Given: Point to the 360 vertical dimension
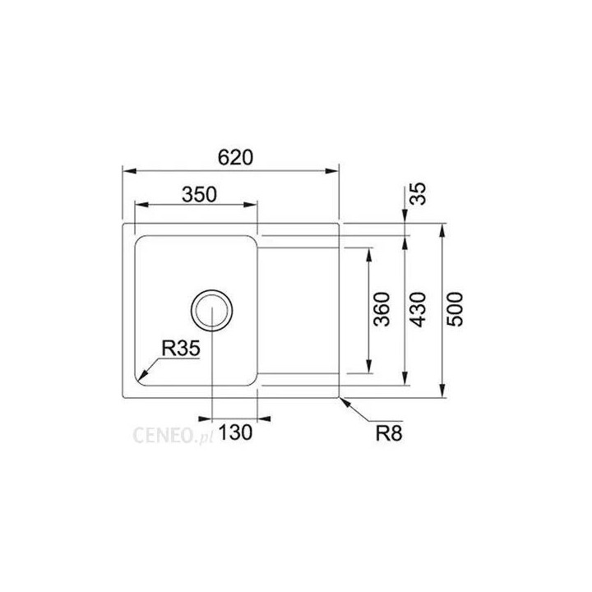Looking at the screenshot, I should coord(381,309).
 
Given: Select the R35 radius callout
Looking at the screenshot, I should coord(180,349).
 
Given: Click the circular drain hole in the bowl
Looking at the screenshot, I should coord(212,309).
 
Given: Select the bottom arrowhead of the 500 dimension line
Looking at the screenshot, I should coord(444,392).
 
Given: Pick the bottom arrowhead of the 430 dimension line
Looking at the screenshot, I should coord(406,379).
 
